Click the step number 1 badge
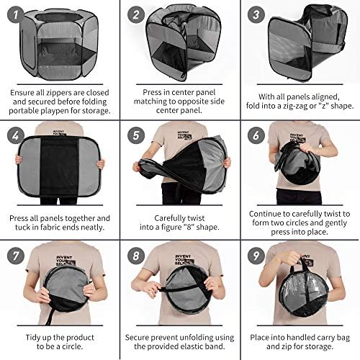[x=16, y=14]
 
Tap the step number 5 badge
[x=136, y=135]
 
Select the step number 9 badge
[x=256, y=256]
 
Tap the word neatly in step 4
[x=92, y=227]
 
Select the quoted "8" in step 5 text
[x=189, y=227]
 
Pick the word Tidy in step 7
[x=34, y=338]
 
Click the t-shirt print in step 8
[x=184, y=260]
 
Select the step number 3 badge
[x=256, y=14]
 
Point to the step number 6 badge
[x=256, y=135]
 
